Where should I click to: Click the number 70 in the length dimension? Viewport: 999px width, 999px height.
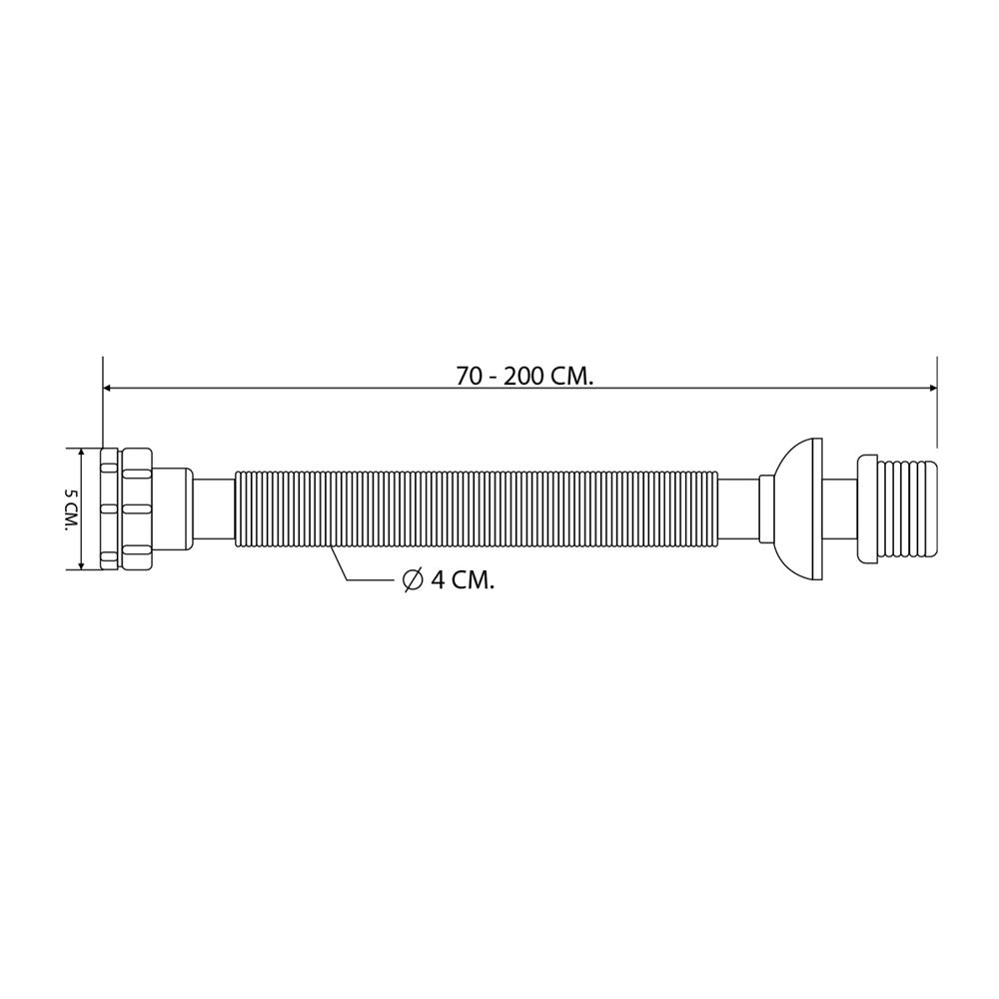pos(469,377)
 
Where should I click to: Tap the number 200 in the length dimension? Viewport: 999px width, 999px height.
pos(522,377)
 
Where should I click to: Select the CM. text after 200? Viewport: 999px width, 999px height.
pos(571,377)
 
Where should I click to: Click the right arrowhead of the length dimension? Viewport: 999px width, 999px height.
pos(932,388)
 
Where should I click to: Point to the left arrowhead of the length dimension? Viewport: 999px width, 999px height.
pos(108,388)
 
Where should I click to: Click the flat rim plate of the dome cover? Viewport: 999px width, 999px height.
pos(819,509)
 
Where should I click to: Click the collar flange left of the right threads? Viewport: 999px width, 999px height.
pos(866,509)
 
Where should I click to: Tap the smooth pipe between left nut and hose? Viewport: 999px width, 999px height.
pos(213,509)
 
